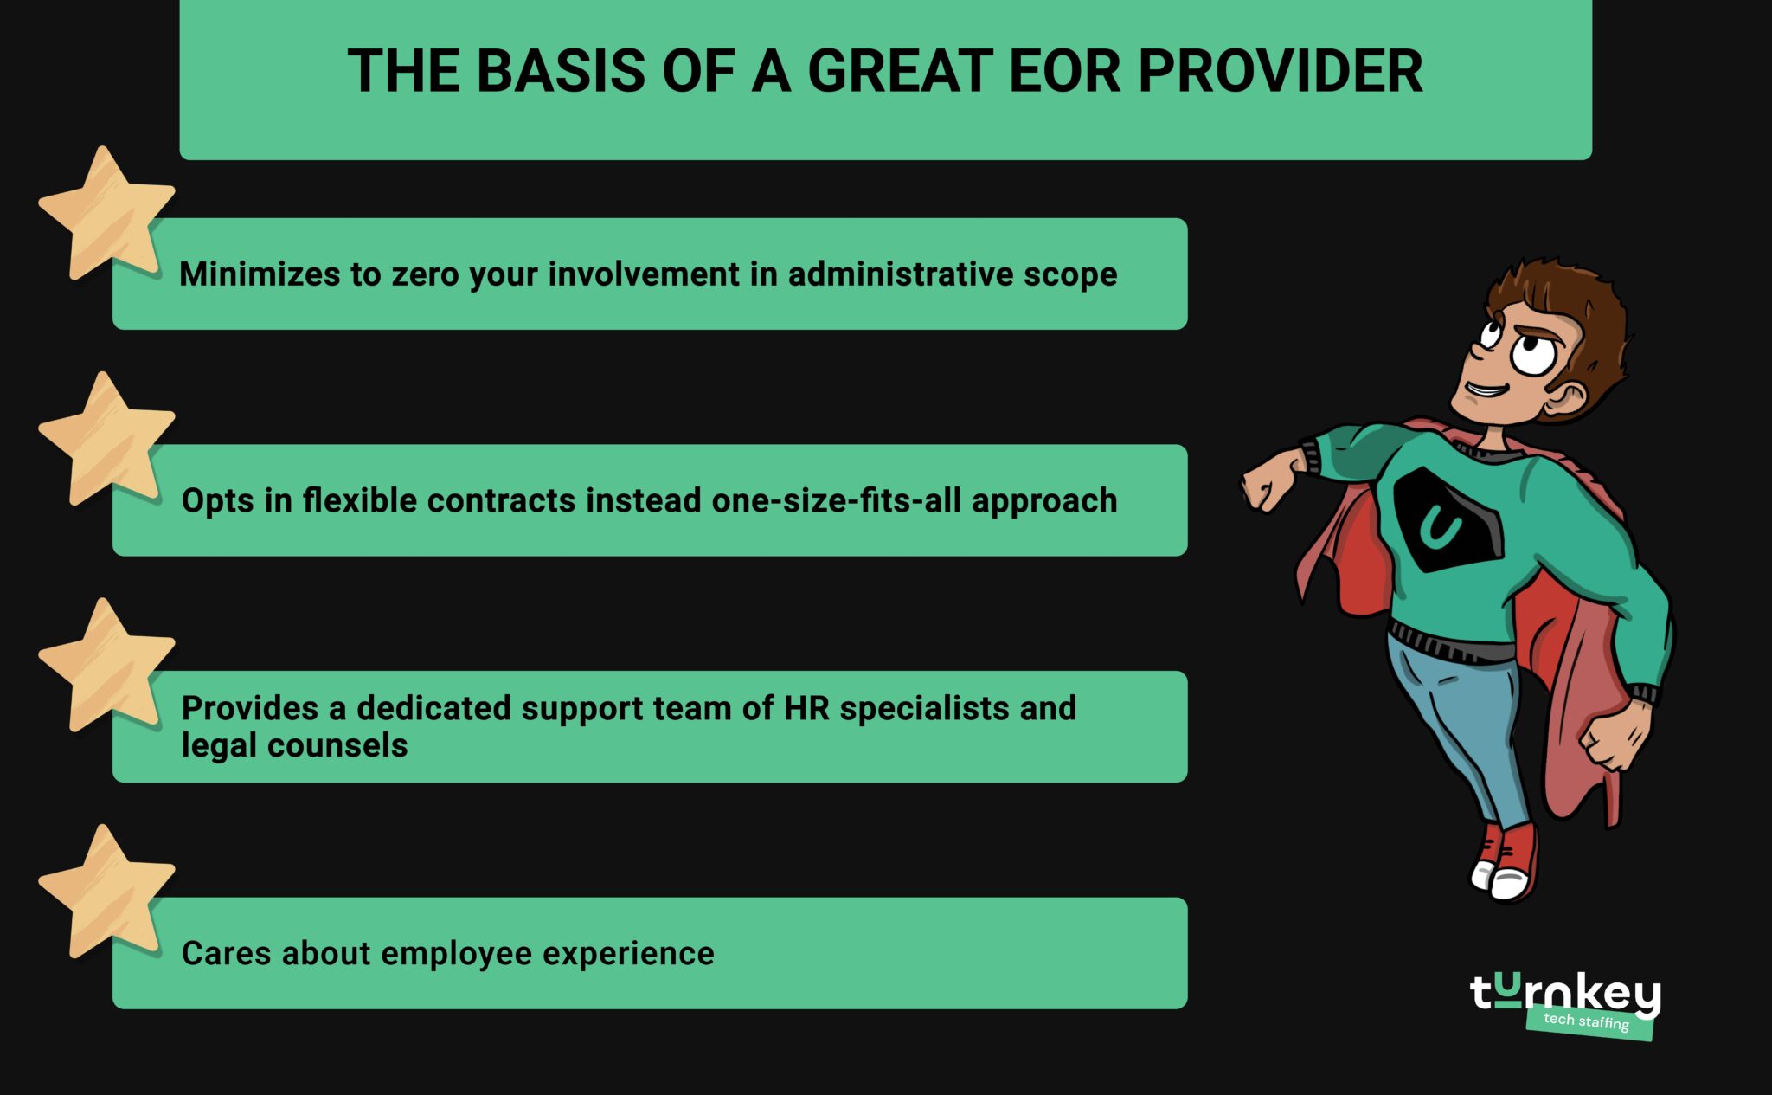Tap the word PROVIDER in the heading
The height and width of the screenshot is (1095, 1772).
point(1281,71)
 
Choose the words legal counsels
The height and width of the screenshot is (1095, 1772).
point(294,746)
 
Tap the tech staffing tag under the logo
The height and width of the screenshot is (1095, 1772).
point(1587,1021)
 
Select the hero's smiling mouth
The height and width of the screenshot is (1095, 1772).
point(1486,390)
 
